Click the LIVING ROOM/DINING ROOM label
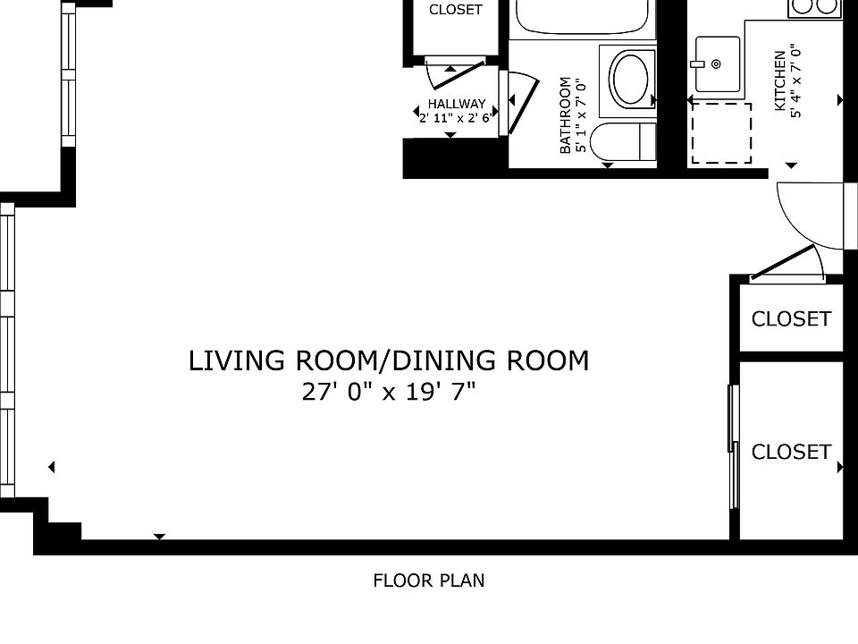coord(389,360)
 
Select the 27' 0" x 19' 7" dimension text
coord(389,392)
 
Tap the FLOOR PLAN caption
coord(429,580)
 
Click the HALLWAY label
coord(457,104)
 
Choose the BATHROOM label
coord(565,115)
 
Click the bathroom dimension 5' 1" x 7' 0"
coord(581,115)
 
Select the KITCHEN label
coord(779,80)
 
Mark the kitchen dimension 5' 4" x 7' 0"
coord(795,80)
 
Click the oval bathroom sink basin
coord(632,79)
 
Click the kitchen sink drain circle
coord(716,64)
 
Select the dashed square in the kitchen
coord(721,133)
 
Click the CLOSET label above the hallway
coord(455,9)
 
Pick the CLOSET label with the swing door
coord(791,318)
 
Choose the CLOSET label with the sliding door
coord(791,452)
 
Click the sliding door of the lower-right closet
coord(733,447)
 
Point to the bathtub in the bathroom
coord(582,16)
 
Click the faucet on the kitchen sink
coord(697,64)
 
